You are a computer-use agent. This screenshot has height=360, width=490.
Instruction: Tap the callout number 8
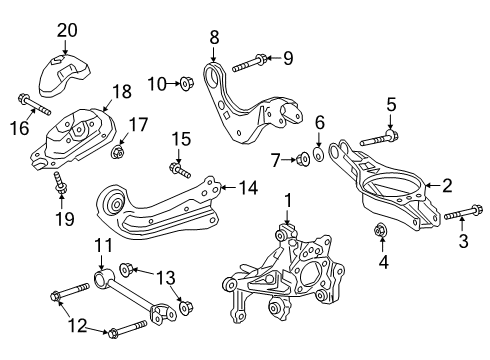click(214, 38)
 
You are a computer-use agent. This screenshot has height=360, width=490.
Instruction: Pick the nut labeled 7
click(300, 158)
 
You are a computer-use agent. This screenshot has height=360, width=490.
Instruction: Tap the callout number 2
click(446, 184)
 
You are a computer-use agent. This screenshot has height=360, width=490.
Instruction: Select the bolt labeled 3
click(447, 216)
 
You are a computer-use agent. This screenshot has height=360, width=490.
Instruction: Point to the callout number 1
click(288, 201)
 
